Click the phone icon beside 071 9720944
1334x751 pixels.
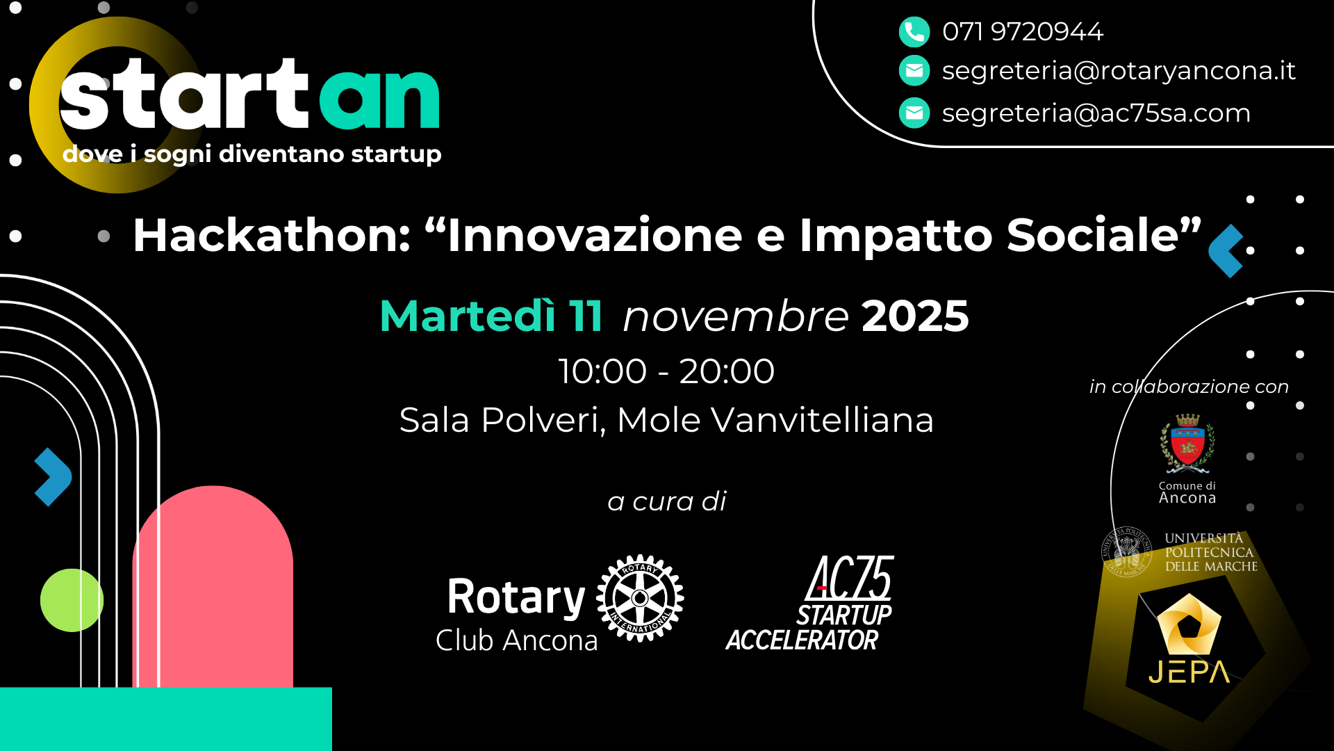[914, 31]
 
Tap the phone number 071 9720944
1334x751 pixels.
[1023, 31]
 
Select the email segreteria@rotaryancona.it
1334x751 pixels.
[1119, 71]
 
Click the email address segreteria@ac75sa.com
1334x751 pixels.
[1096, 113]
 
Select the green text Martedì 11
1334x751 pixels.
[491, 316]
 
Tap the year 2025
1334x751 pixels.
[915, 316]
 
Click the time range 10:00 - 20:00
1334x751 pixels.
[666, 371]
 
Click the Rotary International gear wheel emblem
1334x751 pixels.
[640, 598]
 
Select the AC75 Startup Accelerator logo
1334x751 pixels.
[810, 603]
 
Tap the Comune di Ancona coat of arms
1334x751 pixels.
[1187, 443]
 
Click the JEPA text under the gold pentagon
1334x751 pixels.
[1189, 672]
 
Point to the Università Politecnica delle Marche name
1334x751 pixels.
[1211, 552]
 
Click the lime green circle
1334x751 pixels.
[72, 600]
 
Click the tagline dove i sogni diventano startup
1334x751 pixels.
[252, 154]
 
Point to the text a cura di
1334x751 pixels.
[667, 501]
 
